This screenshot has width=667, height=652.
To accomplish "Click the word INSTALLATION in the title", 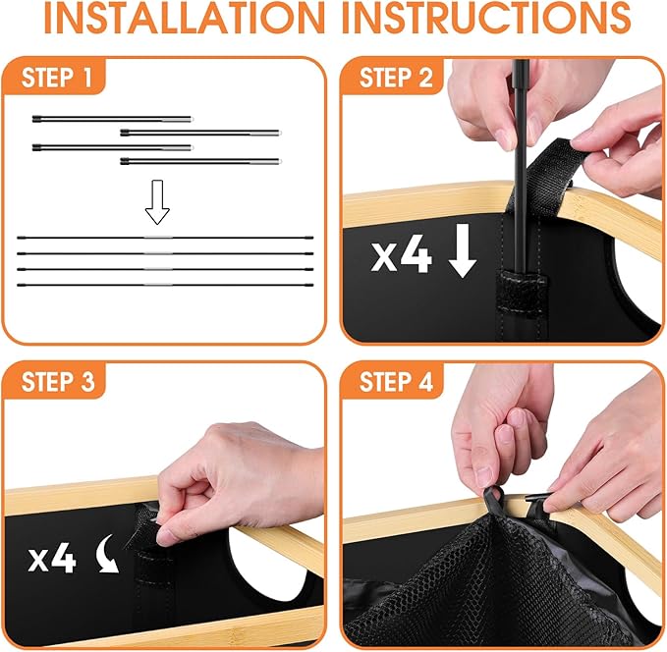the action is coord(185,18).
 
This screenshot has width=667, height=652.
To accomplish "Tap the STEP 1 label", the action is coord(57,78).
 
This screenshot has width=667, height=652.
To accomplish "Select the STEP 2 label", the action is coord(396,78).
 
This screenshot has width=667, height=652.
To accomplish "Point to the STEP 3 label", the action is coord(58,382).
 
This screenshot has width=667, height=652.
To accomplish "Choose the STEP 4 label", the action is coord(396,382).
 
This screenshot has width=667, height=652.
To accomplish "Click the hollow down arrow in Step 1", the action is coord(157,202).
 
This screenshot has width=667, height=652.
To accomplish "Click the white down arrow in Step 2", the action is coord(463,251).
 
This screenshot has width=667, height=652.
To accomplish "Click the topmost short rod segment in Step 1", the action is coord(113,119).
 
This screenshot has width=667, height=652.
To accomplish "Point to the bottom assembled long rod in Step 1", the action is coord(165,285).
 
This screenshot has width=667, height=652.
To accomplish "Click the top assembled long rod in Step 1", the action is coord(165,238).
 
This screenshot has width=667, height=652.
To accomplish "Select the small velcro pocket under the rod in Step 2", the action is coord(521,294).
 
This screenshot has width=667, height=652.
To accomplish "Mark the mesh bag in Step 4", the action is coord(480,587).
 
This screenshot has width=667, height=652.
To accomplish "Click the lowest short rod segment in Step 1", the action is coord(200,161).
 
